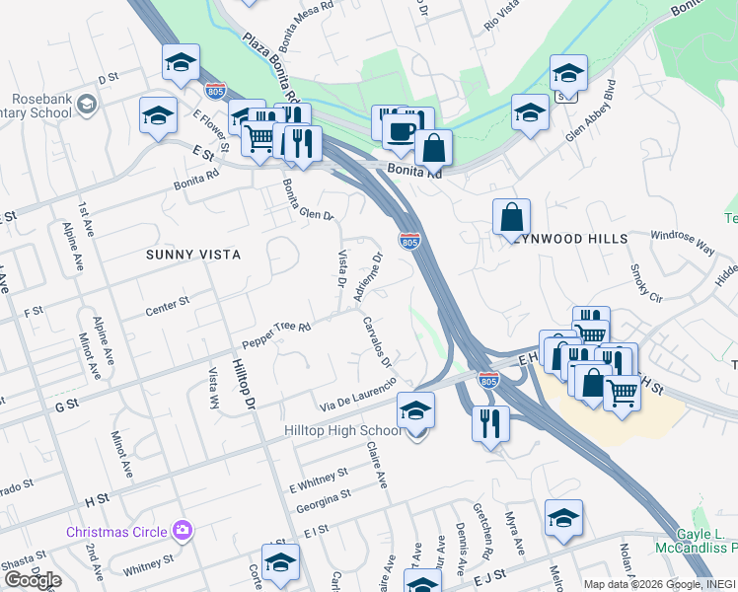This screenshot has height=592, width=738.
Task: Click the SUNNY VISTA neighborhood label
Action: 193,255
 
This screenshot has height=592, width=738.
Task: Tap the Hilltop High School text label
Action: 341,431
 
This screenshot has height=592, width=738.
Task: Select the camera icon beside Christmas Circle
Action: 182,531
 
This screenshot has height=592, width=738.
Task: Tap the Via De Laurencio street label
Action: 357,395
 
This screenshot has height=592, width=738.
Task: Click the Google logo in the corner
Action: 32,580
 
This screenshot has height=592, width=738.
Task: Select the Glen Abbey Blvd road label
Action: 590,111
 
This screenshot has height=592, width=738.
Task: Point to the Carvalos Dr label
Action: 377,341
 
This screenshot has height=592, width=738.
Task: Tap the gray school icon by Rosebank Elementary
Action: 87,103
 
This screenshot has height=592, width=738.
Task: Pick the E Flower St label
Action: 210,130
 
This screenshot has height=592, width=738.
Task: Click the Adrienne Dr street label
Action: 367,280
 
